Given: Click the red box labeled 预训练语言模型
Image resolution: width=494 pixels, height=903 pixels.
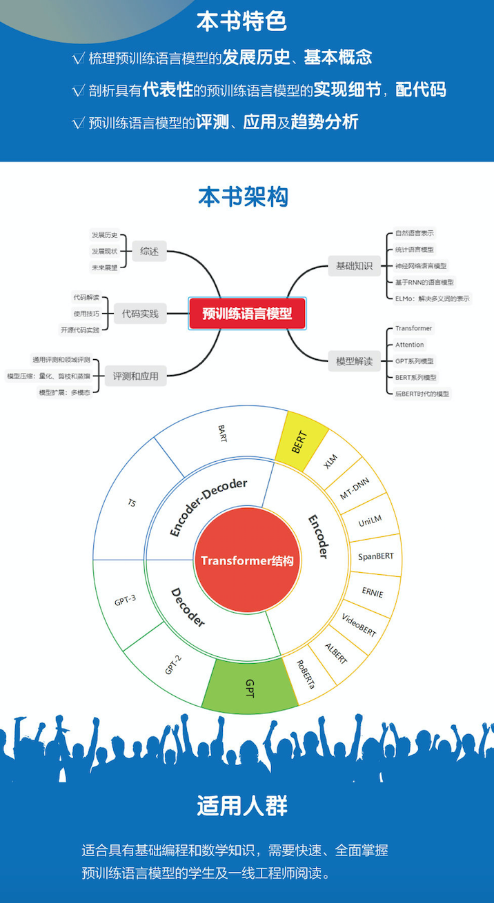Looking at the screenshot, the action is click(247, 314).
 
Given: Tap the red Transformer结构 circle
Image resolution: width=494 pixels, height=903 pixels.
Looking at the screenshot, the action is click(247, 560).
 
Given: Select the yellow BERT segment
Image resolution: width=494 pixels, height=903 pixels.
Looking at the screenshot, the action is click(298, 441).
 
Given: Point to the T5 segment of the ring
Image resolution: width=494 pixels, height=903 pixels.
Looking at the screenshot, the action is click(131, 503).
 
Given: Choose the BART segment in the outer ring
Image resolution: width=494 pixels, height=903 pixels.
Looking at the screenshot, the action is click(222, 434).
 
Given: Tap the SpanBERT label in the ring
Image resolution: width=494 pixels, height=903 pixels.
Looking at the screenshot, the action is click(376, 556).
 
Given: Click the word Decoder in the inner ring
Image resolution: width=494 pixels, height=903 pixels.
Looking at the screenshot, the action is click(187, 607).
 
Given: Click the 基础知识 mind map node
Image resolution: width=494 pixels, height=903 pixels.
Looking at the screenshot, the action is click(354, 266).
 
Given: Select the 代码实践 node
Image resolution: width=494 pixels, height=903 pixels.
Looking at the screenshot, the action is click(140, 314).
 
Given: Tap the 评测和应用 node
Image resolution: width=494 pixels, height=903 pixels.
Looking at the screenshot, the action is click(136, 376).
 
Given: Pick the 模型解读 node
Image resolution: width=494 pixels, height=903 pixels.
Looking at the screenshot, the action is click(354, 361).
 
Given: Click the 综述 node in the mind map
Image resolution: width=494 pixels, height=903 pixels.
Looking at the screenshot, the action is click(149, 252).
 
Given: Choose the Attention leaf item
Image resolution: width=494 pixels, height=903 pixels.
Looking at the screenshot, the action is click(410, 345).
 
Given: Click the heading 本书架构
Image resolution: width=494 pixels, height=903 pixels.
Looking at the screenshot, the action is click(243, 197).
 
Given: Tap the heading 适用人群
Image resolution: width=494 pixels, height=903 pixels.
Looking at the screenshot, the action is click(242, 806).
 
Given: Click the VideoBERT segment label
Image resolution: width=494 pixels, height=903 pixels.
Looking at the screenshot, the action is click(359, 624).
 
